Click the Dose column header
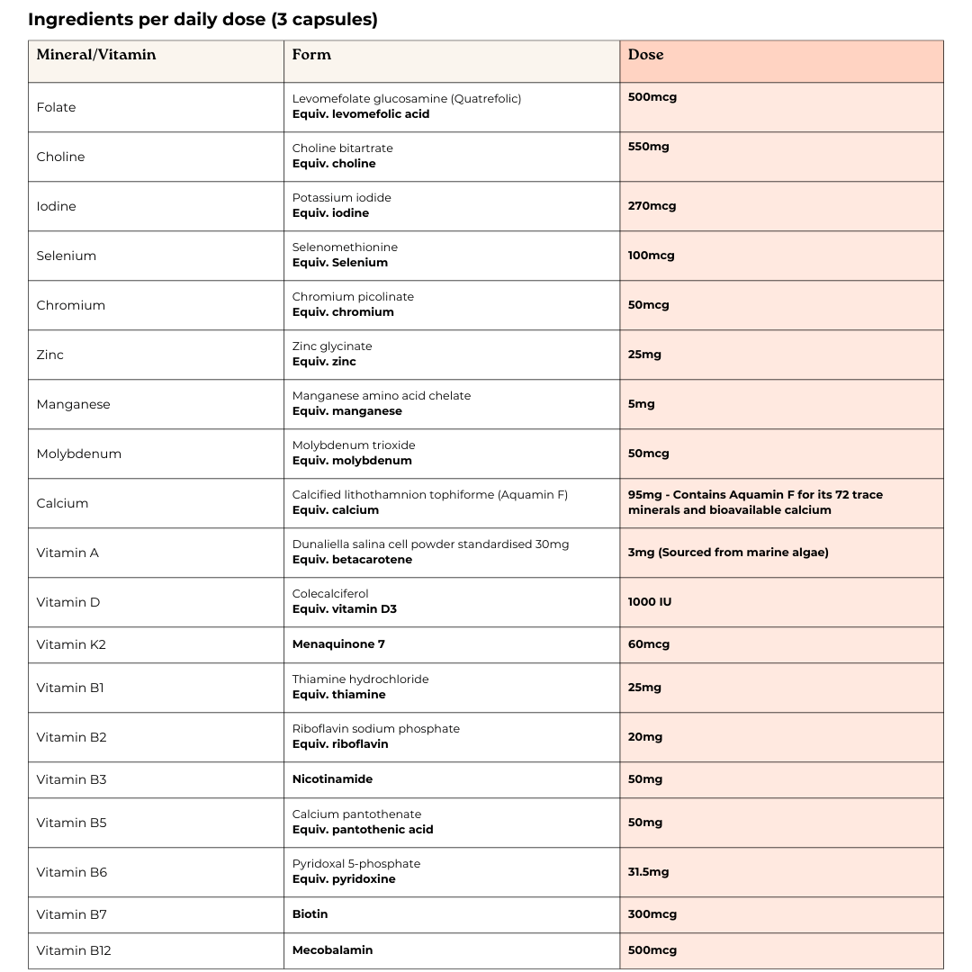point(645,55)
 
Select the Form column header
point(311,55)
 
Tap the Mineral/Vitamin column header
point(96,55)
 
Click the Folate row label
point(56,107)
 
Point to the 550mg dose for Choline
point(648,147)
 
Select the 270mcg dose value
point(652,206)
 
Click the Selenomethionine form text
point(345,247)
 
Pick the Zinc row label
point(50,355)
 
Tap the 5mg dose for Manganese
point(641,404)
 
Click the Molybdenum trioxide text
point(354,445)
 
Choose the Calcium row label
point(62,503)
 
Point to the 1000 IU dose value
point(649,602)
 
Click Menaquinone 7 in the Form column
point(338,644)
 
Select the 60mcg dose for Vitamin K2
point(648,644)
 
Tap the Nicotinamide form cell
point(332,779)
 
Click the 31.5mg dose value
point(648,872)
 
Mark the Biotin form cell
point(310,914)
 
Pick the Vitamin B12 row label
point(74,950)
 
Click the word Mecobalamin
point(332,950)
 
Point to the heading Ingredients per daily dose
point(202,20)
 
